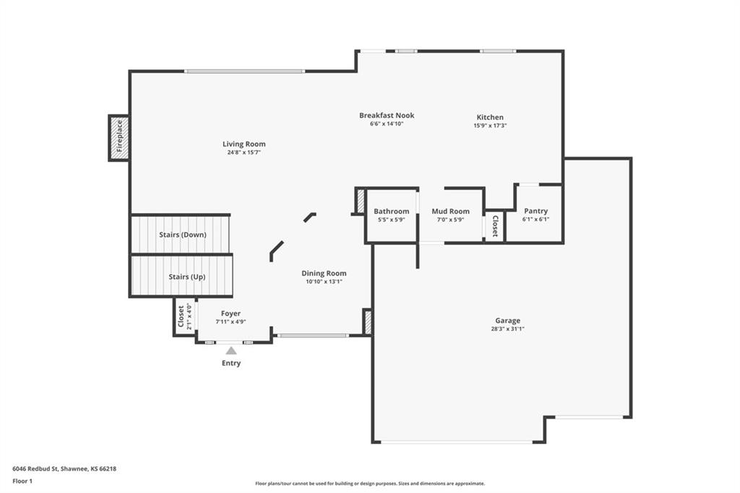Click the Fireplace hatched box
pos(119,138)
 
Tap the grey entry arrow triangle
pos(231,351)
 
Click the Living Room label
pos(244,144)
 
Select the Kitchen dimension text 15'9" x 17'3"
pos(490,126)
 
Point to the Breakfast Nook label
pos(387,115)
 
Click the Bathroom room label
pos(391,211)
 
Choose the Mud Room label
pos(450,211)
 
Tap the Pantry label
pos(535,211)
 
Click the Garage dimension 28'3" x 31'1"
pos(507,329)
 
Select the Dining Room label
pos(324,273)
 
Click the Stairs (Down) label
pos(183,235)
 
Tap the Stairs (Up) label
pos(187,277)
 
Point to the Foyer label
pos(231,314)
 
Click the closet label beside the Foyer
pos(181,317)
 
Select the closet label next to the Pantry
pos(494,226)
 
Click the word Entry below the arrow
pos(231,363)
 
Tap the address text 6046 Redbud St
pos(35,469)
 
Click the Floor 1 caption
pos(22,481)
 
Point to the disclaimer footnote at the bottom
pos(370,484)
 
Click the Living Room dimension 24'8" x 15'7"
pos(244,153)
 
